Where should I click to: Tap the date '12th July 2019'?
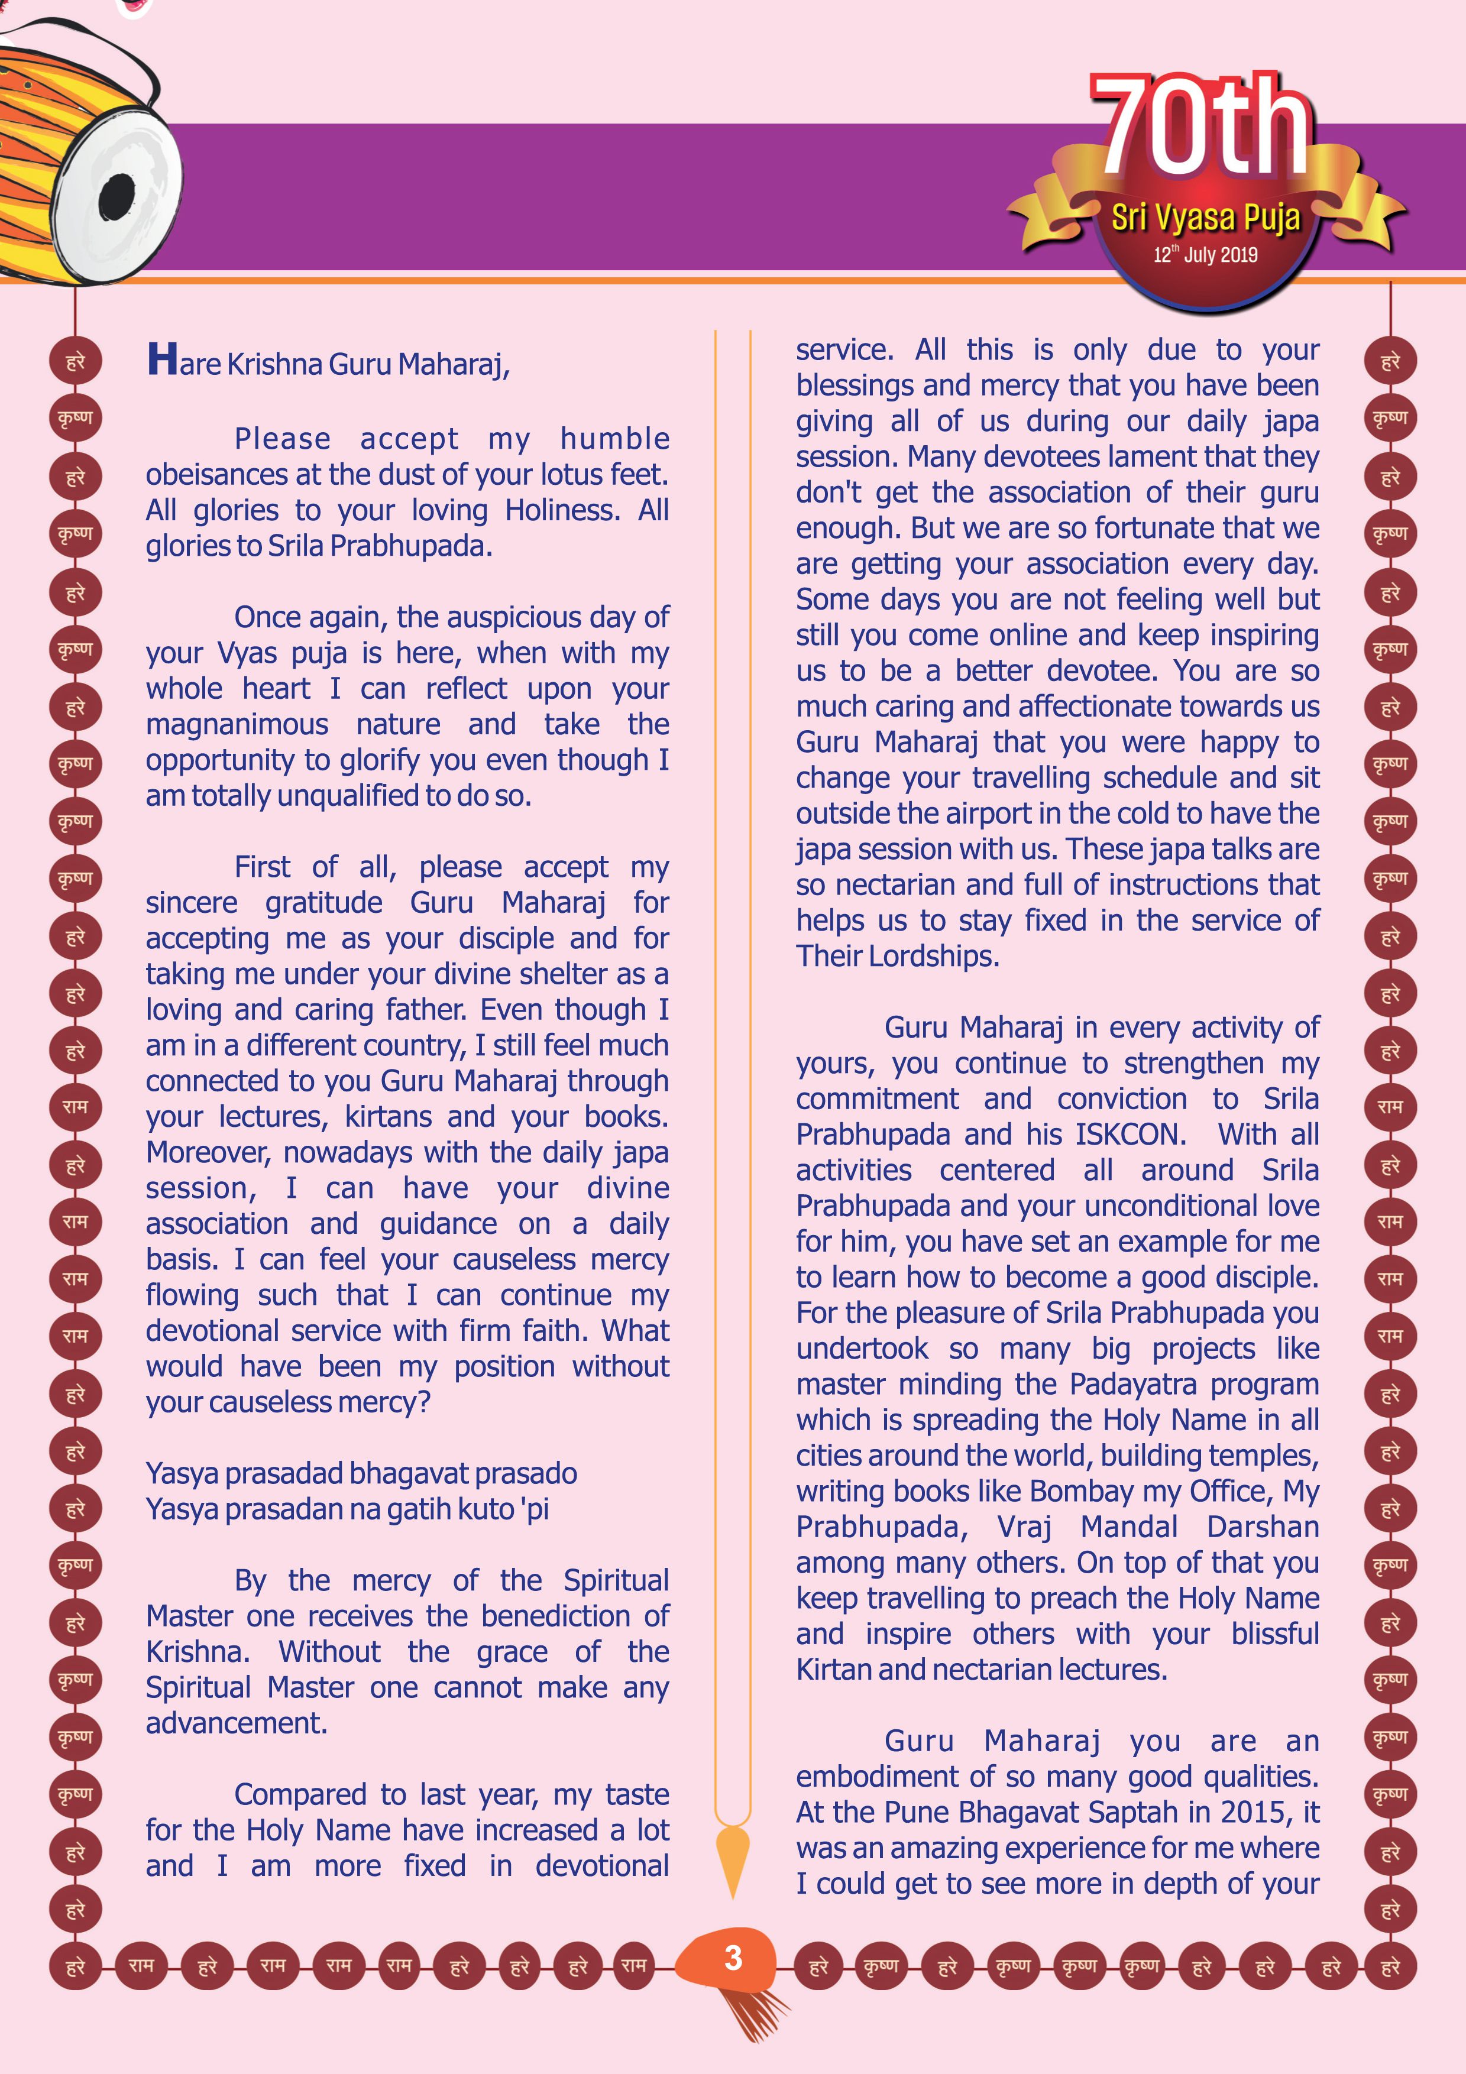1205,255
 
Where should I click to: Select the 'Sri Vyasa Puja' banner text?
1205,218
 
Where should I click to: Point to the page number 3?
733,1958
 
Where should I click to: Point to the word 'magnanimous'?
237,724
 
